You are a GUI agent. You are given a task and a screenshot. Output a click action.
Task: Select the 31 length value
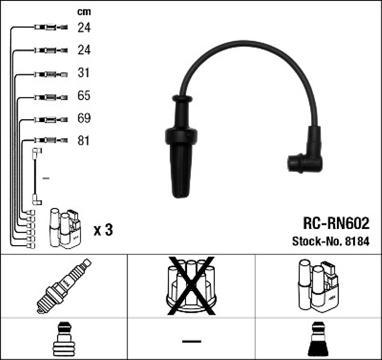pos(84,73)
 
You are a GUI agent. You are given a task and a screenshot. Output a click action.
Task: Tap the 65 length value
pos(84,96)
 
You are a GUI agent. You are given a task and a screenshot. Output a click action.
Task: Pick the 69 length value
pos(84,118)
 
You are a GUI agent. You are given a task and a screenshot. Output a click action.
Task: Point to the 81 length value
pos(84,141)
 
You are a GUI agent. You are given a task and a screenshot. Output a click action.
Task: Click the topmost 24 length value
pos(84,27)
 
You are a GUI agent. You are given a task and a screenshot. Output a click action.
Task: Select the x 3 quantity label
pos(103,229)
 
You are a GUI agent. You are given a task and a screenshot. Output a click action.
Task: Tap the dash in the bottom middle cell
pos(191,340)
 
